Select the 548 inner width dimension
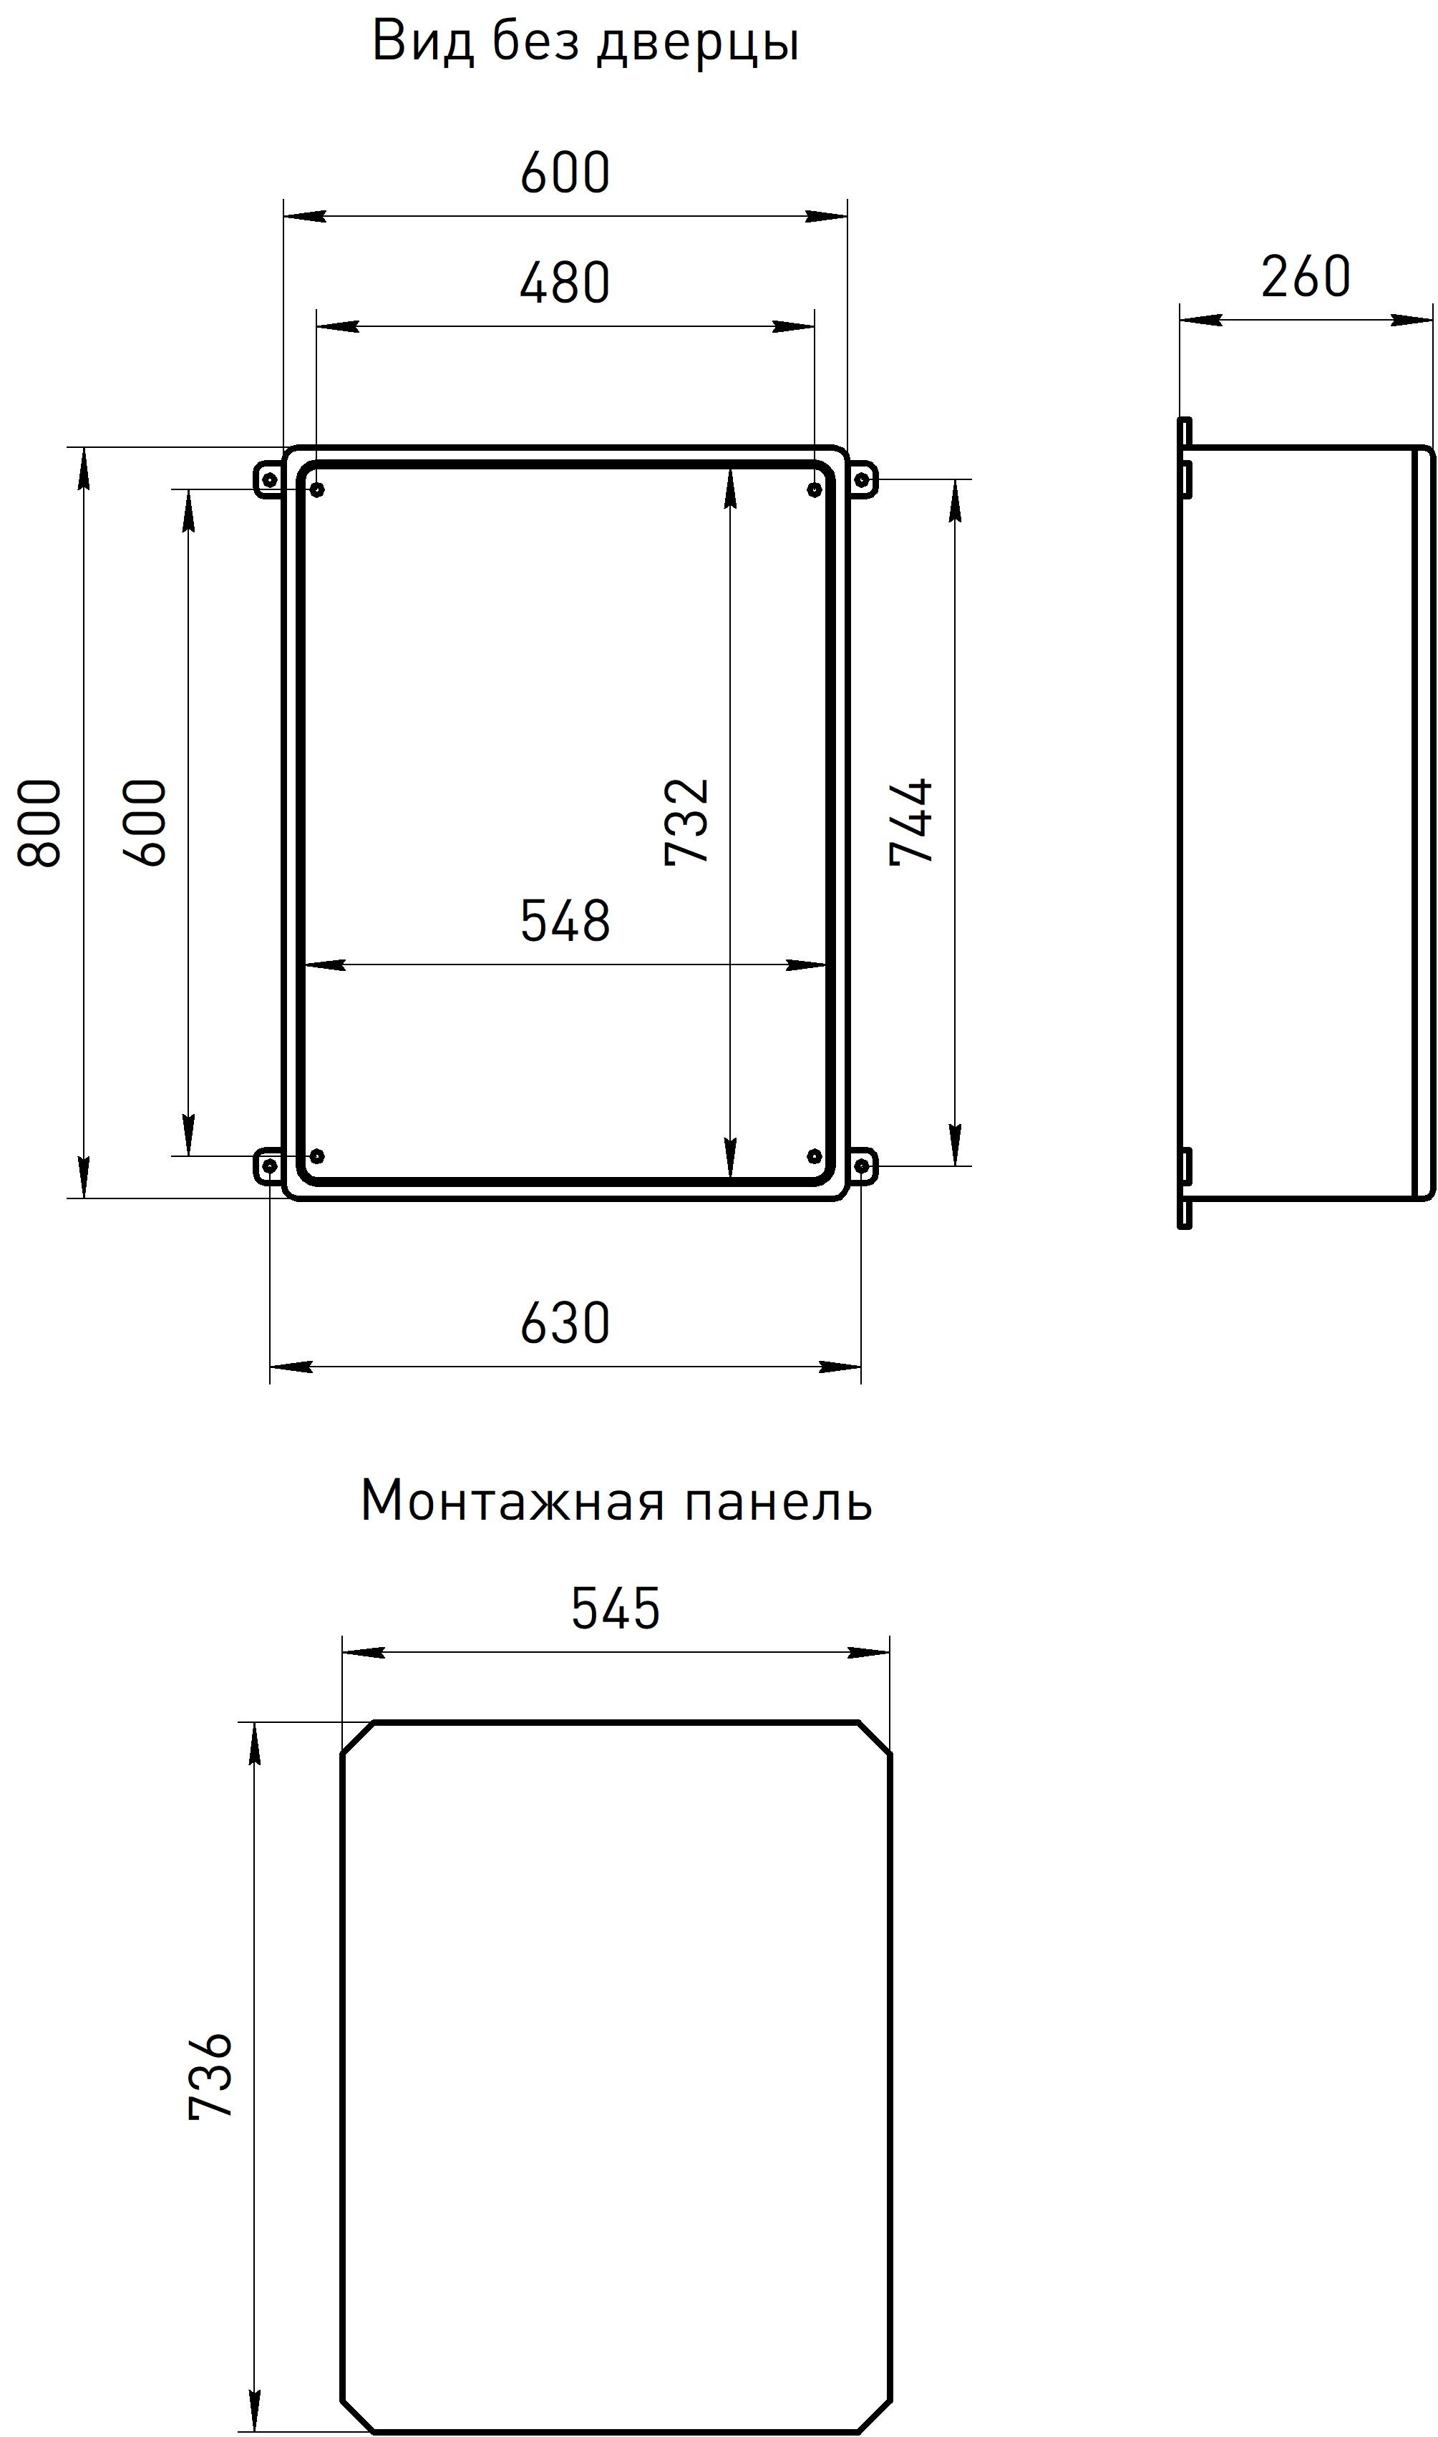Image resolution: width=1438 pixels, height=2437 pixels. click(565, 920)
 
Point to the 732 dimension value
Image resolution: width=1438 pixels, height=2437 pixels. click(688, 821)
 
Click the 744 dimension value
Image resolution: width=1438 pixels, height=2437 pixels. click(911, 821)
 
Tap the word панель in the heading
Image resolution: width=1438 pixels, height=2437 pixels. click(778, 1501)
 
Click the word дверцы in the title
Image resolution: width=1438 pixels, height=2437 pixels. click(698, 44)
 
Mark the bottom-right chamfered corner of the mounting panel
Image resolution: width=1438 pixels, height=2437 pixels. click(874, 2418)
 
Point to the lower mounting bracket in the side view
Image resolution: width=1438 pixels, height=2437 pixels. click(1185, 1188)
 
